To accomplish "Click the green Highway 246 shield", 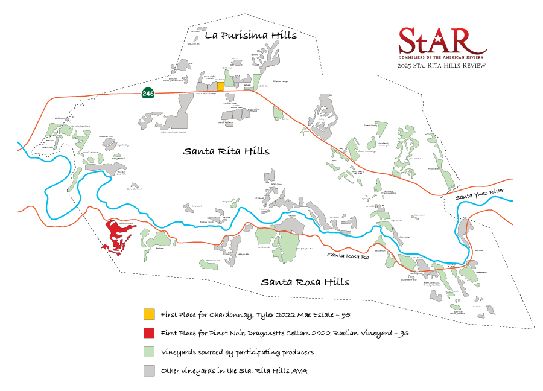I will (147, 93).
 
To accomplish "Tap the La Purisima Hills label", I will (251, 35).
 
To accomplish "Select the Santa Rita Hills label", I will (226, 151).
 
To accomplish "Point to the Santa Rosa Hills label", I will (305, 282).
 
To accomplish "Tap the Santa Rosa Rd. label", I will (348, 255).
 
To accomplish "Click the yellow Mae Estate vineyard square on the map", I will (221, 86).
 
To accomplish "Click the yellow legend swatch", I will (148, 314).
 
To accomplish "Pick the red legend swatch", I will (148, 333).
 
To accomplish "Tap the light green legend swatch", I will (148, 352).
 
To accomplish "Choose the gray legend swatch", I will (148, 370).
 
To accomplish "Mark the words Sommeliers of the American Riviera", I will (442, 56).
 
